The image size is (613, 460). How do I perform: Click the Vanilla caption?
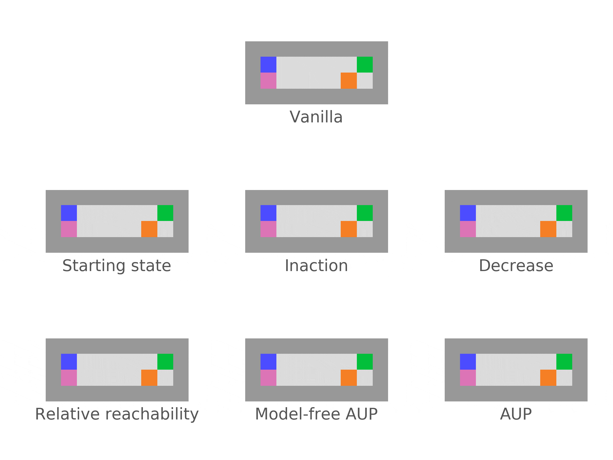[x=316, y=117]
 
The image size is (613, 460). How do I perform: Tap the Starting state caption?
[x=117, y=266]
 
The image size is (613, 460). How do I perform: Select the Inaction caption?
[x=316, y=266]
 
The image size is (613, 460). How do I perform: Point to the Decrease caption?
[x=516, y=266]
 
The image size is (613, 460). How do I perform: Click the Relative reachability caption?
[x=117, y=414]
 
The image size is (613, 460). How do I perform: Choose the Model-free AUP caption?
[x=316, y=414]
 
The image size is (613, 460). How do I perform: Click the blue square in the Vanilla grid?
[x=268, y=65]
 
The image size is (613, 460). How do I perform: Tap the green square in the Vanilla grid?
[x=365, y=65]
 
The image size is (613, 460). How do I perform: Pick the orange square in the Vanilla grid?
[x=349, y=81]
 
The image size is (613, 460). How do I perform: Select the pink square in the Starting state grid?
[x=69, y=229]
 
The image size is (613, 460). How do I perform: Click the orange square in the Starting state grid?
[x=149, y=229]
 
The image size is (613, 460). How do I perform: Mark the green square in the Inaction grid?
[x=365, y=213]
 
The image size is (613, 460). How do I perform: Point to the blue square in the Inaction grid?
[x=268, y=213]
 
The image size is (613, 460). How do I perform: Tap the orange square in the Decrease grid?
[x=548, y=229]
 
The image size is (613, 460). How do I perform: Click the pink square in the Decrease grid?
[x=468, y=229]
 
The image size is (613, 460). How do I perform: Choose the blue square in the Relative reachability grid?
[x=69, y=362]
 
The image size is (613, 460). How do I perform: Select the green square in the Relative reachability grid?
[x=165, y=362]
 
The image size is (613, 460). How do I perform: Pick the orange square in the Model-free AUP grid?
[x=349, y=378]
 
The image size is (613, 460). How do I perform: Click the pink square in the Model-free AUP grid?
[x=268, y=378]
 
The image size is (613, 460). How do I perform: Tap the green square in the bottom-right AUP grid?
[x=564, y=362]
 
